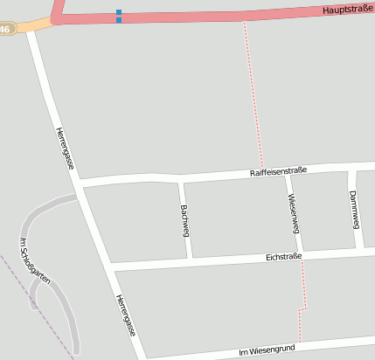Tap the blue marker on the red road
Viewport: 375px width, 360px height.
click(x=119, y=16)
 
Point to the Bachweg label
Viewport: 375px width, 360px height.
click(x=184, y=220)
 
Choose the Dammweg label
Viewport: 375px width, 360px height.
click(x=354, y=209)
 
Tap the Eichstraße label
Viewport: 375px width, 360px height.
click(x=283, y=257)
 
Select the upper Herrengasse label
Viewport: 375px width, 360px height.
click(x=64, y=148)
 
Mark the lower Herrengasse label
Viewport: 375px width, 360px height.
click(x=125, y=315)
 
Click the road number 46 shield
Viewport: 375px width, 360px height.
click(x=5, y=29)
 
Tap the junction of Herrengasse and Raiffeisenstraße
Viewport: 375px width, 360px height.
click(x=80, y=183)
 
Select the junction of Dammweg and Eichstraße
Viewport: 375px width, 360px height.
click(x=361, y=251)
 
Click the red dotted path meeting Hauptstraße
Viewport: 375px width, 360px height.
click(x=244, y=21)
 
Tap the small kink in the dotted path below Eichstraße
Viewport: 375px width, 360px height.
click(x=302, y=309)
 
